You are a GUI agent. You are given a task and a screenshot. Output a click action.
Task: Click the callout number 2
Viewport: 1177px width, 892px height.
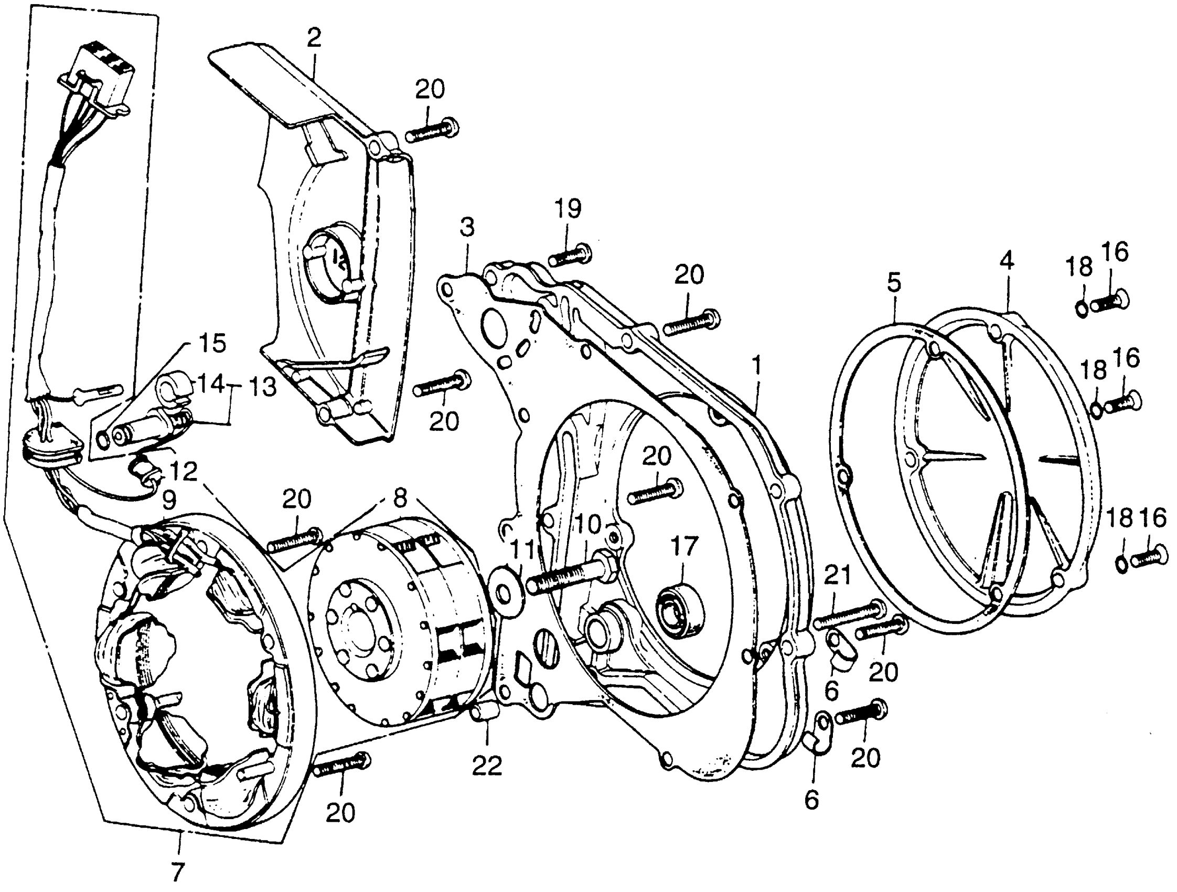click(x=314, y=38)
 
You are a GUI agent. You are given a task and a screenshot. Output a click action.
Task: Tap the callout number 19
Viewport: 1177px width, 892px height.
click(x=568, y=209)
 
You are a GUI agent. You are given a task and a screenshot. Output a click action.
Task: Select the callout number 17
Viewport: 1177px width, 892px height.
click(x=684, y=547)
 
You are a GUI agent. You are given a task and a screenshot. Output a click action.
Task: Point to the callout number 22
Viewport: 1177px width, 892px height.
click(x=487, y=766)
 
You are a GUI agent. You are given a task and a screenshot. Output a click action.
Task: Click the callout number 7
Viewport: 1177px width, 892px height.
click(x=178, y=871)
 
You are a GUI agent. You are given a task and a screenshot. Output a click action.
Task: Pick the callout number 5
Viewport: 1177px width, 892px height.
click(x=894, y=283)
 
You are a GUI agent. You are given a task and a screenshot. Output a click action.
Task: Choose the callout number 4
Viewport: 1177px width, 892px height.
click(x=1007, y=261)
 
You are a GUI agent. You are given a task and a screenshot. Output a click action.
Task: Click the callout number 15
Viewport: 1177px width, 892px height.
click(x=212, y=344)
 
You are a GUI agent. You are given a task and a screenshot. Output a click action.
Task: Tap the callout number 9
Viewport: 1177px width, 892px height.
click(x=168, y=500)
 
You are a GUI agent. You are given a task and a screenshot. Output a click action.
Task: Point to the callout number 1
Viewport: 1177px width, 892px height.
click(x=756, y=367)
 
